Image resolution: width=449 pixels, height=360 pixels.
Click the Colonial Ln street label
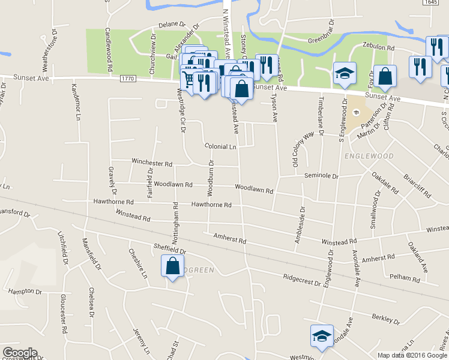220,146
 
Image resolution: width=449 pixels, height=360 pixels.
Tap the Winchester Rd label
152,163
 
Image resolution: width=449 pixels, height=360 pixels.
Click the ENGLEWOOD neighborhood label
369,156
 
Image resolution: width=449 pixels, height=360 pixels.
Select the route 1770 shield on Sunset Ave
128,79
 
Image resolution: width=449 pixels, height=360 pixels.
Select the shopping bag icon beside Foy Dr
384,76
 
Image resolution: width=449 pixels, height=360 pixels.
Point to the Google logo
19,353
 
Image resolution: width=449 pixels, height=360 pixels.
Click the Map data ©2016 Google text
411,355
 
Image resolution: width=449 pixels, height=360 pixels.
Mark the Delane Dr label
172,25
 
